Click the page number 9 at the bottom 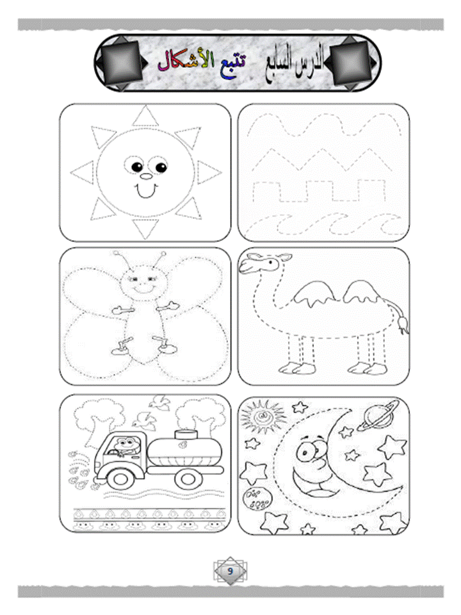(x=230, y=571)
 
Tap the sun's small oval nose (x=145, y=177)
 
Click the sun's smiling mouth (x=146, y=192)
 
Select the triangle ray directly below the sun (x=145, y=228)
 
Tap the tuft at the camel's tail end (x=403, y=324)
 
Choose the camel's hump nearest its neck (x=314, y=295)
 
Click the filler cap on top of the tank (x=186, y=434)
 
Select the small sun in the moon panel (x=258, y=416)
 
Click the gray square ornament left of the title (x=119, y=63)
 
